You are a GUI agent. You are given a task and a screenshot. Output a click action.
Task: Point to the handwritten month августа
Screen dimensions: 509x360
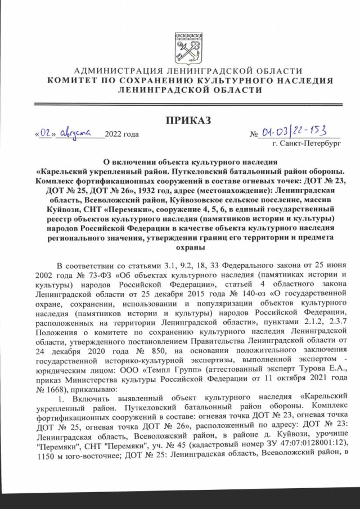click(x=76, y=133)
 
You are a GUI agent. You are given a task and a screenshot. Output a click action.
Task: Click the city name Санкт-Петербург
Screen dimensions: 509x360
click(x=309, y=144)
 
